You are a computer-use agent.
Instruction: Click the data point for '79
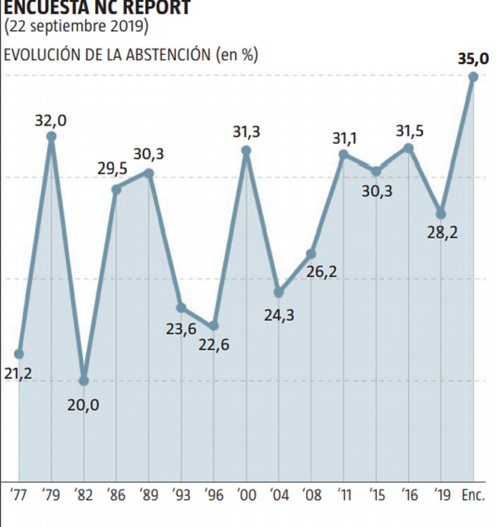(52, 136)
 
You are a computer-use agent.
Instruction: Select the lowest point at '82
(84, 381)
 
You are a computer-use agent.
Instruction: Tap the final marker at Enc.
(473, 76)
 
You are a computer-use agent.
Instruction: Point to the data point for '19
(441, 214)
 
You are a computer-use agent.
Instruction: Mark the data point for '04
(279, 292)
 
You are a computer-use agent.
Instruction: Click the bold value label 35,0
(473, 59)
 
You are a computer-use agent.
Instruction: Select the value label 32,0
(51, 121)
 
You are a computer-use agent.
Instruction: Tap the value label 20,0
(83, 405)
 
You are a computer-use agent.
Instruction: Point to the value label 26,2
(321, 272)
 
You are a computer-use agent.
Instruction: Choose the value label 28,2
(442, 233)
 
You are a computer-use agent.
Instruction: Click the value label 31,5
(409, 131)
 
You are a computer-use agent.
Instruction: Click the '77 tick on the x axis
(19, 495)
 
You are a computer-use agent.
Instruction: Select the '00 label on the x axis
(247, 495)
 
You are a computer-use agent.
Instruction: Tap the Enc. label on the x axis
(473, 495)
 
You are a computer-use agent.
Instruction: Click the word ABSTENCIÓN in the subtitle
(168, 55)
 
